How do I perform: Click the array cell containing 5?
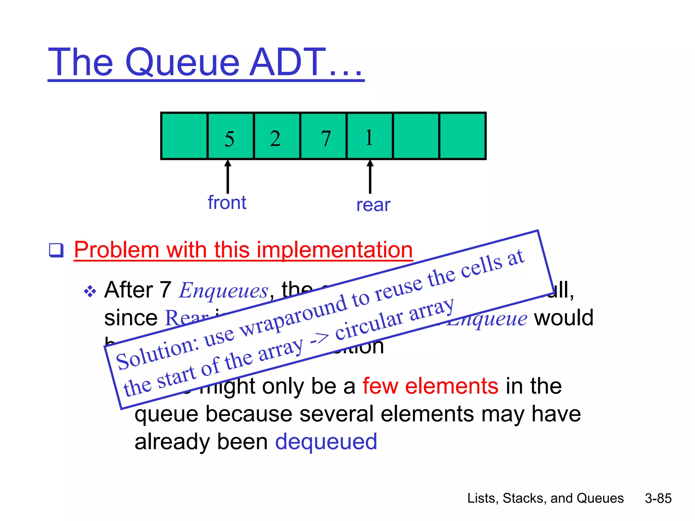pos(230,136)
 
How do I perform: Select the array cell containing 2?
pos(277,136)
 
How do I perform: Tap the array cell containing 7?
pos(323,136)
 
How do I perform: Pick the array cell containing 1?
pos(370,136)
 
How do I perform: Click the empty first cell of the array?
pos(184,136)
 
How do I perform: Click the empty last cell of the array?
pos(462,136)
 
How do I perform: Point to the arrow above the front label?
pos(228,176)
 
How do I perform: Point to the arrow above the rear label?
pos(370,176)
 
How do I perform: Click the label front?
pos(227,203)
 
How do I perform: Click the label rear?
pos(373,205)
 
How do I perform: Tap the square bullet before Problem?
pos(56,250)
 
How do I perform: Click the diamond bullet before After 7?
pos(90,291)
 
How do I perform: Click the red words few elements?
pos(430,386)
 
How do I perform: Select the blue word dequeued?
pos(326,442)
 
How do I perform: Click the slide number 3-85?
pos(658,498)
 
